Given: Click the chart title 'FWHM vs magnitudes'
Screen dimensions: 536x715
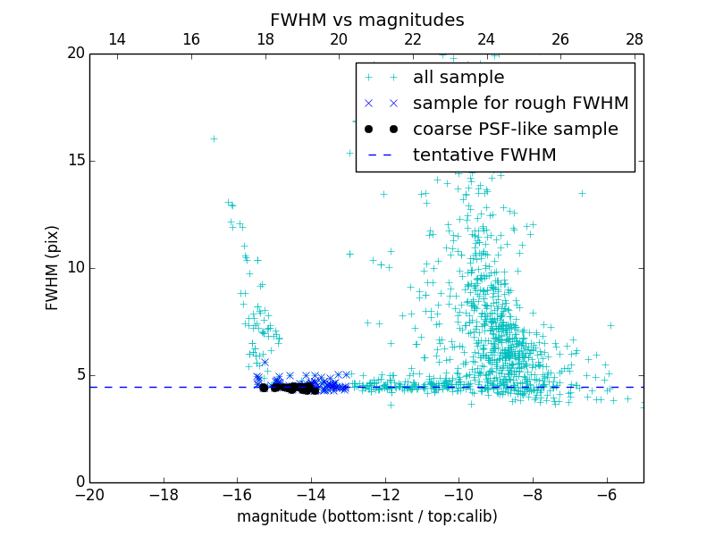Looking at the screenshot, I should click(366, 20).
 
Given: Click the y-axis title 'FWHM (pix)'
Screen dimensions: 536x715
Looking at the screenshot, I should click(53, 267).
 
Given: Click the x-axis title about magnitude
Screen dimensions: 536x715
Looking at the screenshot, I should click(366, 516).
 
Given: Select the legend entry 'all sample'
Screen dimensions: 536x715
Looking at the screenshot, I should click(458, 78).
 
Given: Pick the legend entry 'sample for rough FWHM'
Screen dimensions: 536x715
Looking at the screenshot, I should click(520, 104).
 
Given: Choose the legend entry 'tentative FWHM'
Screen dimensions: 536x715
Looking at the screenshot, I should click(484, 155).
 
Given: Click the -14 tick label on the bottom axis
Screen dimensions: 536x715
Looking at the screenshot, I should click(311, 495).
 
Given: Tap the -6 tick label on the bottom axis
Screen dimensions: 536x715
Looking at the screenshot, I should click(607, 495).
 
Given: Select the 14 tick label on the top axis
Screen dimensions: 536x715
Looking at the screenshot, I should click(117, 39).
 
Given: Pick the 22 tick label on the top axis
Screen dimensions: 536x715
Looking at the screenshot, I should click(413, 39).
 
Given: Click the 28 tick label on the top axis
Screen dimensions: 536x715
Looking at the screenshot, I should click(635, 39).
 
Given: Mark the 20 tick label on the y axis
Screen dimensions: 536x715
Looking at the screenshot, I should click(75, 54).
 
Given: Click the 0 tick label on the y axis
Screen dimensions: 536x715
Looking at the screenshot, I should click(80, 482).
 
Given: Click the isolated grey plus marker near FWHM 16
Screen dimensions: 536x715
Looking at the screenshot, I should click(214, 138).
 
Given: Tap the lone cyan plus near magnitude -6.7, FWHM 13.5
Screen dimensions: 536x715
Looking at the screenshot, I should click(582, 193).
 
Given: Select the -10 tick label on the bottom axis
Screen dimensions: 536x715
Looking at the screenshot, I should click(458, 495).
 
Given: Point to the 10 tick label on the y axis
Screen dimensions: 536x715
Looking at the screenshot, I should click(75, 268).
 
